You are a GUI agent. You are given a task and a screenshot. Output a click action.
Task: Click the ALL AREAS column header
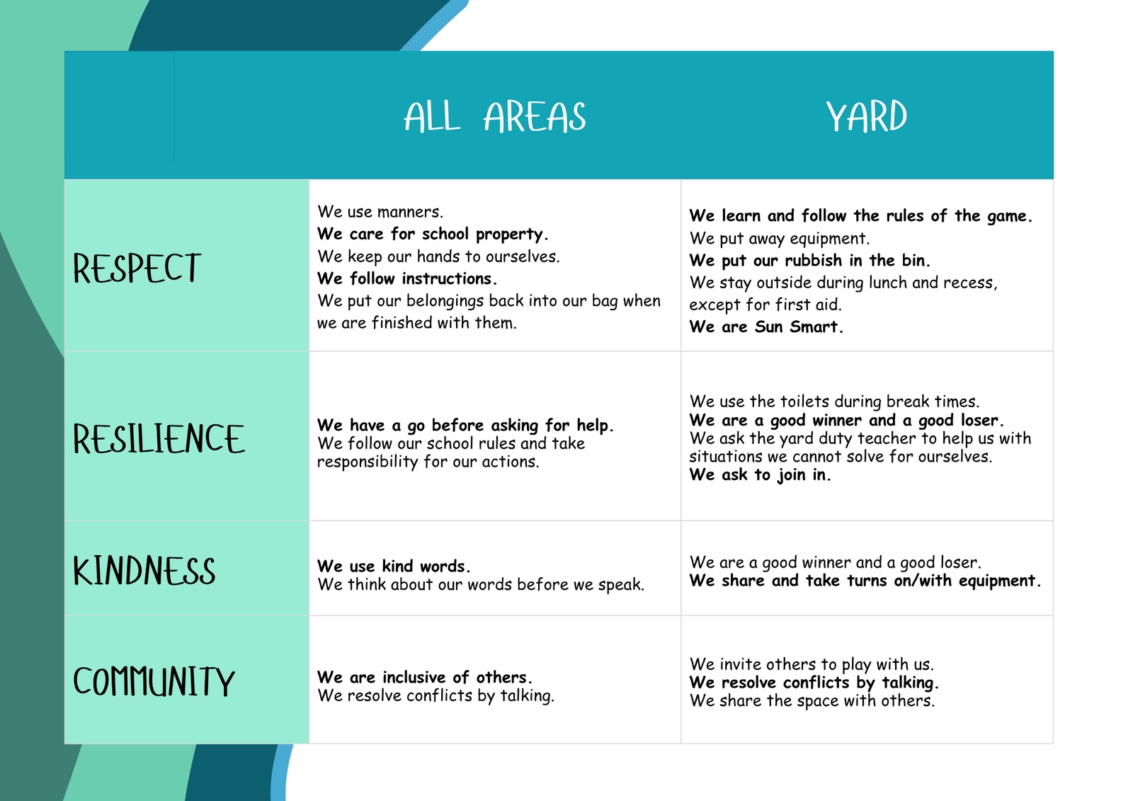click(x=495, y=117)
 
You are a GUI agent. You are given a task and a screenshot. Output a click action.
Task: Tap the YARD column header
click(x=867, y=117)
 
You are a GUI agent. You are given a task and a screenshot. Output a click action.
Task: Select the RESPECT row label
click(x=137, y=268)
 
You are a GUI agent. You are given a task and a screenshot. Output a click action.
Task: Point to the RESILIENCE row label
click(x=159, y=438)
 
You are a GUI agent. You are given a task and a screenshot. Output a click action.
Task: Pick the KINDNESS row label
click(x=144, y=571)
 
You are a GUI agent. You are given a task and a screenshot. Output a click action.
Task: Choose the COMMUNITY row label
click(x=154, y=681)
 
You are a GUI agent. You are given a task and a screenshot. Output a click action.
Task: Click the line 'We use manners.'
click(x=380, y=212)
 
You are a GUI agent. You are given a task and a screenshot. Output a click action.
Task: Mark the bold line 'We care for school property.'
click(x=433, y=234)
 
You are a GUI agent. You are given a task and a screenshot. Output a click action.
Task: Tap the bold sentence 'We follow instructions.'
click(x=406, y=278)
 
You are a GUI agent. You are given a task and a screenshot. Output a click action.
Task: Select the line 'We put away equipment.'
click(x=779, y=239)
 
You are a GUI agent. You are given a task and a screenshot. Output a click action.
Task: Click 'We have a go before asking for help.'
click(x=465, y=425)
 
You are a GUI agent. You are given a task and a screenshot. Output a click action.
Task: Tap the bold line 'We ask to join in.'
click(x=760, y=475)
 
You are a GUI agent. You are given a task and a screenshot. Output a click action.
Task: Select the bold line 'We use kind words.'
click(x=394, y=566)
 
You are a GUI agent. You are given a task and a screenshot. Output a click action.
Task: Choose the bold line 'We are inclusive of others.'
click(x=424, y=677)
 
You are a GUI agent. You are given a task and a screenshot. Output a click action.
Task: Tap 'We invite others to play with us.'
click(x=812, y=664)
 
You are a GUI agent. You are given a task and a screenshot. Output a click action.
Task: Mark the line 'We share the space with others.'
click(x=812, y=701)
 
